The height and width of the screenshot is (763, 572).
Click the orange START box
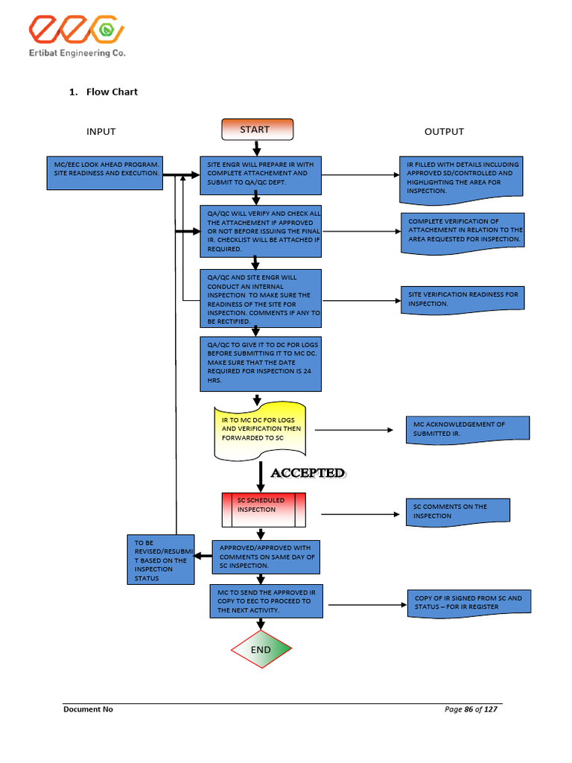pos(257,130)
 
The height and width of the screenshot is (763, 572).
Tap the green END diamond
pos(261,649)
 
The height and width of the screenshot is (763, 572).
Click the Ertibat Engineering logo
pos(77,37)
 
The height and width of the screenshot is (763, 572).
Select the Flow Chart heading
pos(112,92)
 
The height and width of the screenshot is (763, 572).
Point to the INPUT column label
pos(101,132)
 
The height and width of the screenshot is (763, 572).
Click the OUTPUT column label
pos(444,132)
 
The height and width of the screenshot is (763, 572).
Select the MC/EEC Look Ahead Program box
pos(104,173)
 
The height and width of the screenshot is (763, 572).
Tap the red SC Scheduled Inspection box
pos(264,510)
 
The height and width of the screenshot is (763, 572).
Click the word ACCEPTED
pos(307,473)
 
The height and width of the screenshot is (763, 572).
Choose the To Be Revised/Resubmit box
pos(161,560)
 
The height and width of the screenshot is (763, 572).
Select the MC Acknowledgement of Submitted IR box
pos(467,429)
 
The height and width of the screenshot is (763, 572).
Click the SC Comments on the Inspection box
pos(457,511)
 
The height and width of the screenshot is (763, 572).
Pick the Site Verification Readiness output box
pos(462,299)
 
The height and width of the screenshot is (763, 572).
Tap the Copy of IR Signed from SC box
pos(468,602)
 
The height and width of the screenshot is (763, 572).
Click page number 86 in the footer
pos(468,709)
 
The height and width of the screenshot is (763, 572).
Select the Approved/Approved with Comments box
pos(266,557)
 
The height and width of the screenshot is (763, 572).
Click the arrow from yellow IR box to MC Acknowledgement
pos(354,431)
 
